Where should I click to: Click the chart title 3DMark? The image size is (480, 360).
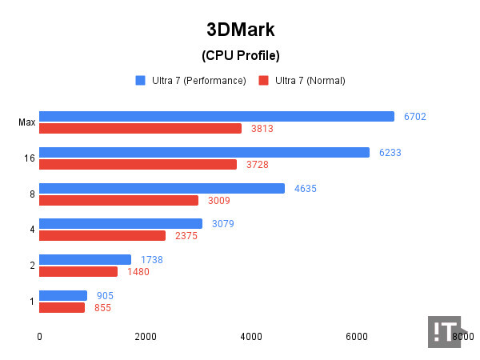tap(239, 31)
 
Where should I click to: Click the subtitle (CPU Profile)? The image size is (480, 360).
tap(239, 56)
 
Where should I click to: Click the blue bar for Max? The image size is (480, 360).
tap(216, 116)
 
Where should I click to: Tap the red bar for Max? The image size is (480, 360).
tap(140, 128)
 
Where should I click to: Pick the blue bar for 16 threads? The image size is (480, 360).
tap(204, 152)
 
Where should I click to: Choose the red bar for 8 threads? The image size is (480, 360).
tap(118, 200)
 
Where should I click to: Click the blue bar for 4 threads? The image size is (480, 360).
tap(120, 223)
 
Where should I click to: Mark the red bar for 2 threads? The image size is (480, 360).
tap(78, 271)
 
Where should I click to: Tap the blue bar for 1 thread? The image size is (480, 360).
tap(62, 295)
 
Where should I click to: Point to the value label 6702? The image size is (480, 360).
tap(414, 117)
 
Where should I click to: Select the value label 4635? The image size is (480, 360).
tap(304, 189)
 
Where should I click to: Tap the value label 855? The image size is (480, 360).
tap(102, 308)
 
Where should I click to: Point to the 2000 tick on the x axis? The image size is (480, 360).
tap(145, 338)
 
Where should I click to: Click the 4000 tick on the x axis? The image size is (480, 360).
tap(250, 338)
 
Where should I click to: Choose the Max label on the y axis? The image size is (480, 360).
tap(26, 122)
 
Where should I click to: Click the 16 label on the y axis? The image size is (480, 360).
tap(29, 158)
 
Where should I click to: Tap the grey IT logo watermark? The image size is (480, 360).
tap(444, 331)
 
